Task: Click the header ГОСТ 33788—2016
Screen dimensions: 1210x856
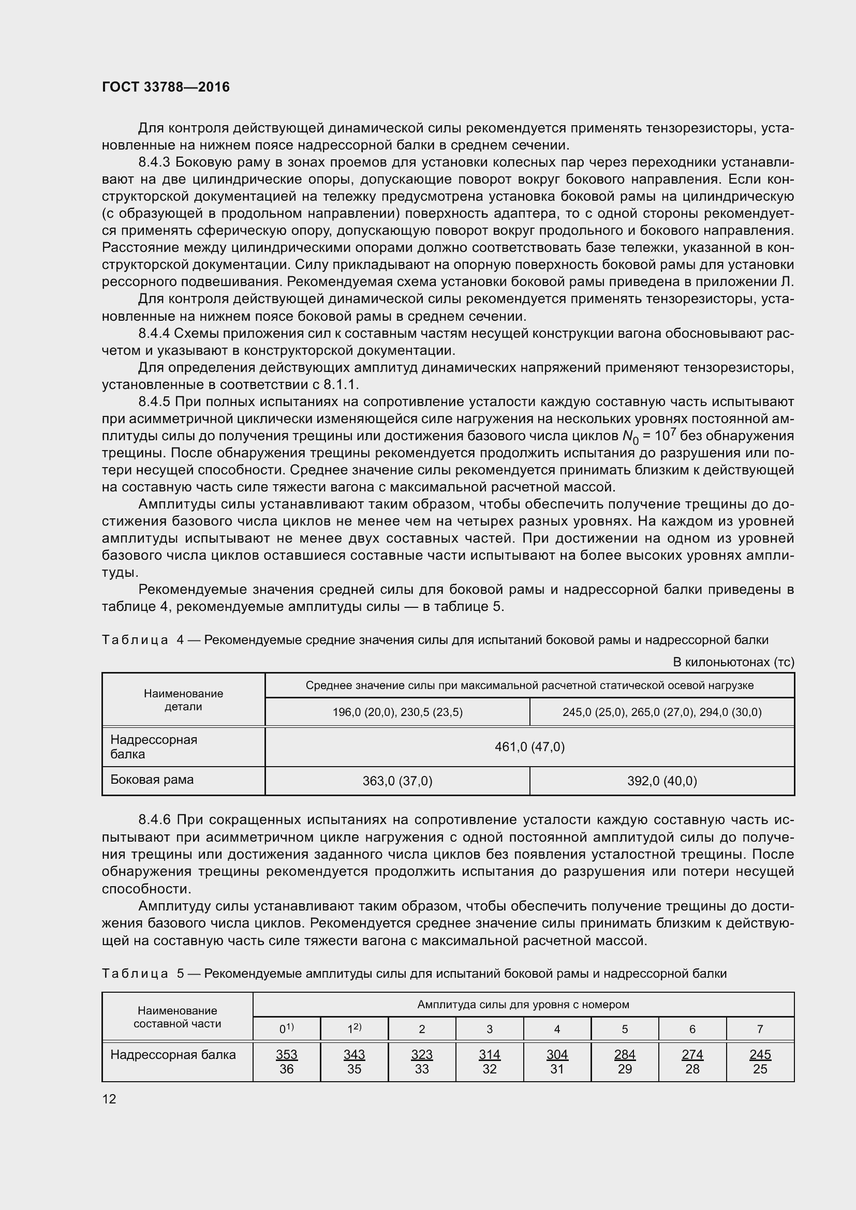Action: point(166,87)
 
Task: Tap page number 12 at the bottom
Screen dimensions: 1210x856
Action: point(109,1098)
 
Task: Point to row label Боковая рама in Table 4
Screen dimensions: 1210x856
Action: point(152,780)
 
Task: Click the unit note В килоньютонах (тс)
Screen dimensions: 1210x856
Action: point(733,662)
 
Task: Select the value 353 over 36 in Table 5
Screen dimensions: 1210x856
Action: point(286,1062)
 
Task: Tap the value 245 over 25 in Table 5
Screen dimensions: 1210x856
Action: point(760,1062)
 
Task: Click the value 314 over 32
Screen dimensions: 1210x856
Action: point(489,1062)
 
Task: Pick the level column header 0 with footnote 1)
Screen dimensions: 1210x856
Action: point(286,1028)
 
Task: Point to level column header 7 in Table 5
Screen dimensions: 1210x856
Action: point(760,1029)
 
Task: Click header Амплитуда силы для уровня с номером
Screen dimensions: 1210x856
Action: point(523,1005)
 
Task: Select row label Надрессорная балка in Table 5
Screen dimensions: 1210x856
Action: point(173,1054)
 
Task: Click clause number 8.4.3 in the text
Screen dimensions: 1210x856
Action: point(154,162)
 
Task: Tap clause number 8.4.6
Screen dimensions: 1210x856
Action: point(154,820)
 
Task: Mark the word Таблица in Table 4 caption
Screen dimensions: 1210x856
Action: point(135,640)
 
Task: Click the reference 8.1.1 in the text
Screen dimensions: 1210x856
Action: point(341,385)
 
